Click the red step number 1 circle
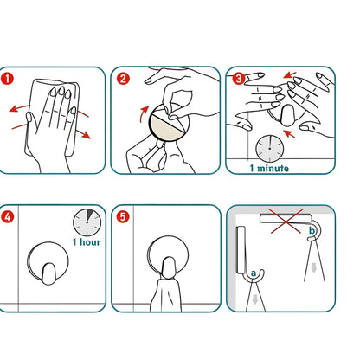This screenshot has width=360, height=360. point(7,79)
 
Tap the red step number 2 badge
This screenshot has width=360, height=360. point(123,79)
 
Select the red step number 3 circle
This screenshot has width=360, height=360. point(239,78)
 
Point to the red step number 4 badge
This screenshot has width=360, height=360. point(7,216)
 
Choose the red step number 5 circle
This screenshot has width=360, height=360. point(123,216)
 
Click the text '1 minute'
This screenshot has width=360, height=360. point(269,168)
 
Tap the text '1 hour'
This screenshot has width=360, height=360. point(87,241)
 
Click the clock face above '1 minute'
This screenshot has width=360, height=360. point(270,149)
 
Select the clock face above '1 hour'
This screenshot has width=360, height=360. point(87,222)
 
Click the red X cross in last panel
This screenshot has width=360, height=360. point(286,221)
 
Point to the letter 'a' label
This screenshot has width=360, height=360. point(254,273)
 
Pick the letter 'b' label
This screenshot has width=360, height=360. point(312,230)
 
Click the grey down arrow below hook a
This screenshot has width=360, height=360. point(254,300)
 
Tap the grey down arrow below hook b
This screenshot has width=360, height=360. point(314,268)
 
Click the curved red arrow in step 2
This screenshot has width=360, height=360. point(144,114)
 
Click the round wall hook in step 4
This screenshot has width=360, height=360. point(48,263)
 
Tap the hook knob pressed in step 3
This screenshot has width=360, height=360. point(286,115)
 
